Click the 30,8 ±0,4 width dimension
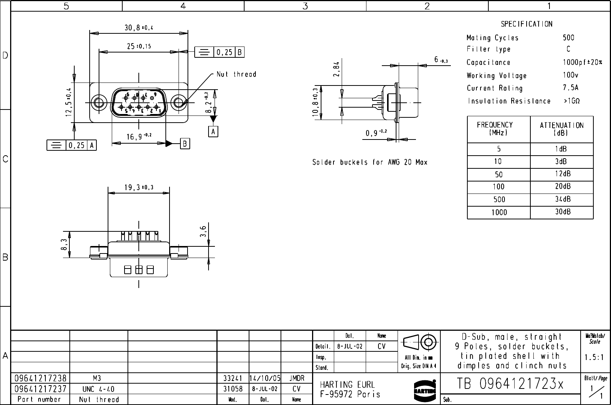139,27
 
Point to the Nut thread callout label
236,74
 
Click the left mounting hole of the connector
99,102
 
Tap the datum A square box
213,132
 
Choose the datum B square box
185,144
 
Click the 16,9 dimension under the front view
138,137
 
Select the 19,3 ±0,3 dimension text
138,188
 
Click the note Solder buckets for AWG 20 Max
369,162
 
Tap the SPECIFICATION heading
527,24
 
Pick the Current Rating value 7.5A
570,88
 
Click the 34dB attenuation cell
563,199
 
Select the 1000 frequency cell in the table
499,213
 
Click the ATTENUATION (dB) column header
561,129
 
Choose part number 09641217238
41,378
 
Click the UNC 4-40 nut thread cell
99,389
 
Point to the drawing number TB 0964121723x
510,384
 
